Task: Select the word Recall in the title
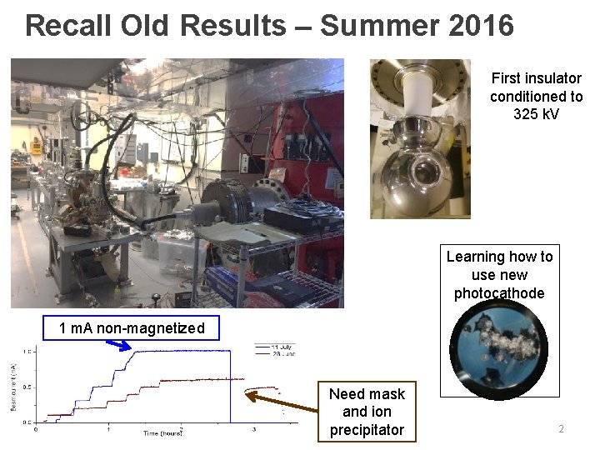point(68,26)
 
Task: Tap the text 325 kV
point(536,113)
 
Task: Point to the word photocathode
point(499,293)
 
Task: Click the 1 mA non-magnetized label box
point(132,328)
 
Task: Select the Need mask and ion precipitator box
point(367,412)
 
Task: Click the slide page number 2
point(561,429)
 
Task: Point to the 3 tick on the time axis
point(254,429)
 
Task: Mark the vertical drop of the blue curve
point(229,387)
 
